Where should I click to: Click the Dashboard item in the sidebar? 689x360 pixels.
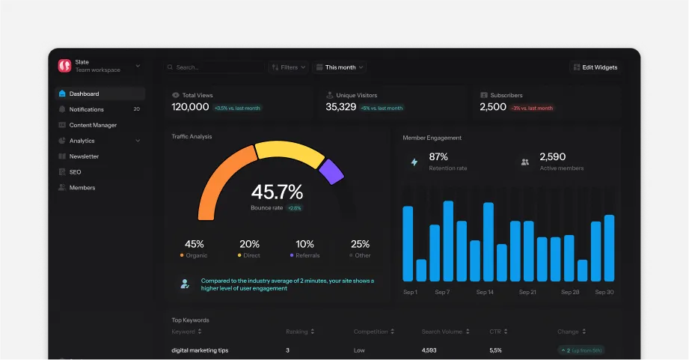point(84,94)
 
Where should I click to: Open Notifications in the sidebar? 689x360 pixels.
point(86,110)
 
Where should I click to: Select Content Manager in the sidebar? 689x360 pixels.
point(93,125)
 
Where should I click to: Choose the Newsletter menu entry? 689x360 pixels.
point(84,156)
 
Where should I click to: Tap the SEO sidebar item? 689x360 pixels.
point(75,172)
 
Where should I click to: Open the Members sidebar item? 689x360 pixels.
point(82,188)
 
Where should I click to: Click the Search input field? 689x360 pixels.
point(213,67)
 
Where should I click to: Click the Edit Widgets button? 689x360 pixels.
point(595,67)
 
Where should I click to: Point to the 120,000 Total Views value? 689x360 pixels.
point(191,107)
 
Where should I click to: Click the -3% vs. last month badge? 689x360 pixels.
point(533,108)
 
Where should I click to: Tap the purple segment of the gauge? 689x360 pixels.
point(331,171)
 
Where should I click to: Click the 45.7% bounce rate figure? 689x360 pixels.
point(277,192)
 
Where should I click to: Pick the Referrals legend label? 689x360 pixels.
point(307,255)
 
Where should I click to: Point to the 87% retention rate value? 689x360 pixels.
point(438,157)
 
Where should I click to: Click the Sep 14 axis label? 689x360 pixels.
point(485,292)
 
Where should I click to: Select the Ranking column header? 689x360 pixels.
point(297,332)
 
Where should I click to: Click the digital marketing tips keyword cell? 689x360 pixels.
point(200,350)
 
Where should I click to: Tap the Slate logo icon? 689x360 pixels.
point(65,66)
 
